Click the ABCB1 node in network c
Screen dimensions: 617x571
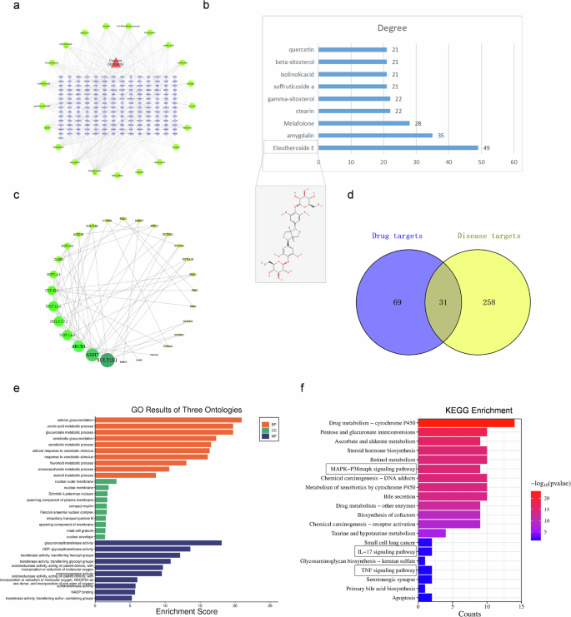[79, 345]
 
